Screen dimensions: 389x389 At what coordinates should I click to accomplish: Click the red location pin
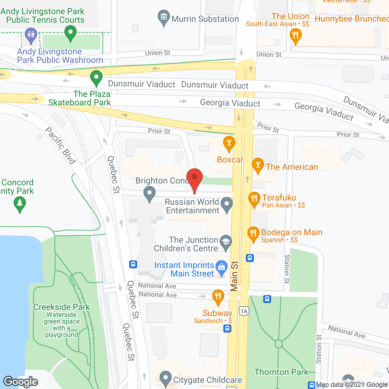pos(194,178)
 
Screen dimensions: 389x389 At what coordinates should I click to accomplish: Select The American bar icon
pos(258,165)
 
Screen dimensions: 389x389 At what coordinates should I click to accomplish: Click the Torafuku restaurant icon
pos(254,199)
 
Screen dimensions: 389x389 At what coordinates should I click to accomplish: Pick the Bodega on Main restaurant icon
pos(253,233)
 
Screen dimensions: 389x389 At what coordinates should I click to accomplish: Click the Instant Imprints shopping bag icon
pos(222,267)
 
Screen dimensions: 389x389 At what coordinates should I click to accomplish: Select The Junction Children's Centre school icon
pos(225,242)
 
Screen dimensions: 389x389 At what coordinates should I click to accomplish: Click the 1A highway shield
pos(244,311)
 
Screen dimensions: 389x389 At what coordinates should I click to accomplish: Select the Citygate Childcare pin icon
pos(166,378)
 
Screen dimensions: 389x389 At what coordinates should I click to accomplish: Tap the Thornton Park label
pos(281,372)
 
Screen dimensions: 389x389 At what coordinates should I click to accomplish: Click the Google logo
pos(21,381)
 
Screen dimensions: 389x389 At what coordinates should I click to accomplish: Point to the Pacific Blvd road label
pos(60,146)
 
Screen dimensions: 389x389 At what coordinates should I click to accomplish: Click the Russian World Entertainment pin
pos(226,204)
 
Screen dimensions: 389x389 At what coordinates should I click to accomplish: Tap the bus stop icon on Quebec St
pos(133,264)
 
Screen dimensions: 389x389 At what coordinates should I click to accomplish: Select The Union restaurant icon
pos(295,35)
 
